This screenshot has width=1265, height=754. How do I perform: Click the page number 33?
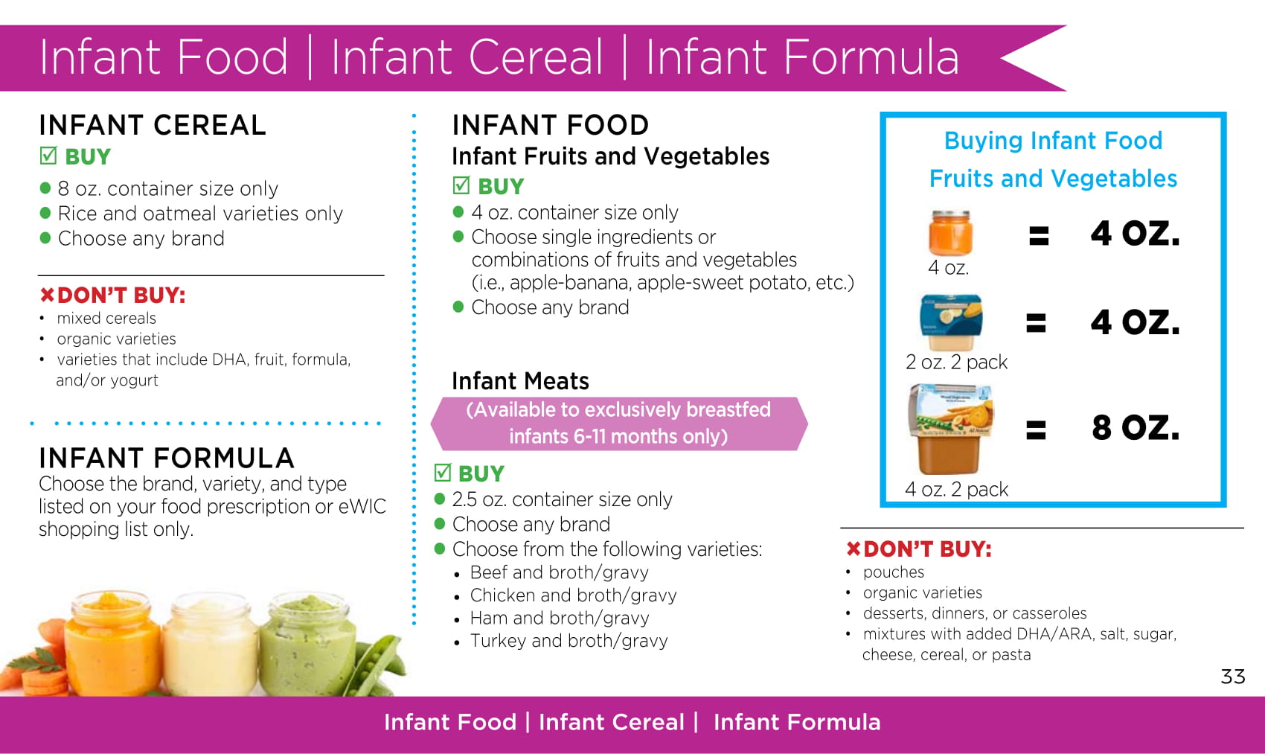(1233, 676)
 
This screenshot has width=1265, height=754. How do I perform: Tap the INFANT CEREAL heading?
(153, 125)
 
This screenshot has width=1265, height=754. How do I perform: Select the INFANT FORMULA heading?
(167, 458)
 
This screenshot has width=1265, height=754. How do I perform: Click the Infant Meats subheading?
(520, 381)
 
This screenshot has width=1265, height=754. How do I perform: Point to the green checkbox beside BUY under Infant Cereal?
(48, 156)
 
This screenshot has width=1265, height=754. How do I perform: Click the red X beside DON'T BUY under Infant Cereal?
(47, 294)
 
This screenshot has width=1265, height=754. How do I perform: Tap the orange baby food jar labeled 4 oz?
(950, 233)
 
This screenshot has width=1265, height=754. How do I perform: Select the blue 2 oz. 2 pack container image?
(951, 322)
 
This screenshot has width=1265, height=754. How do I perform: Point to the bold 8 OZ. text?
(1135, 427)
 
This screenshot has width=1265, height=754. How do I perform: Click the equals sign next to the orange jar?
(1039, 235)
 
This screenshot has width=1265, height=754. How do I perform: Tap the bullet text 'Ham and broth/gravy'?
(560, 618)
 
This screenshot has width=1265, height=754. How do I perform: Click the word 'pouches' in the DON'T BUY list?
(894, 572)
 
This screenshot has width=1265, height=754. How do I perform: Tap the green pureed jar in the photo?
(308, 644)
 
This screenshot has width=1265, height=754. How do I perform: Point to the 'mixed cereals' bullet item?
(106, 318)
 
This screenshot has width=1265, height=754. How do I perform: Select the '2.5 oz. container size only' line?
(562, 499)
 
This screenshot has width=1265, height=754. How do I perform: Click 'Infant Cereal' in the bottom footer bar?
(611, 723)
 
